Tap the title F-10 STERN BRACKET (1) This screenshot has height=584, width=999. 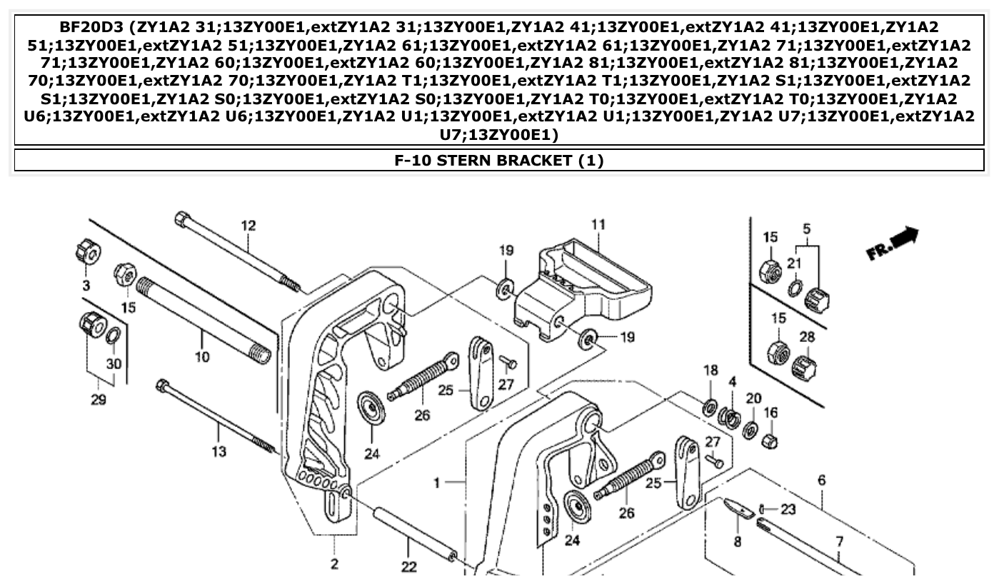click(499, 161)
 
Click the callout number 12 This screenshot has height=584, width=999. click(248, 226)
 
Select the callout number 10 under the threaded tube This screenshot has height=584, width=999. click(202, 356)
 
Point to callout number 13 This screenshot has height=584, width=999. click(219, 451)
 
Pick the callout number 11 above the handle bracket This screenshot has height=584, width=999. click(598, 224)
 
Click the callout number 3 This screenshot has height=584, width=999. click(86, 286)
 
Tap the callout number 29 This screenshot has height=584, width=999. click(99, 399)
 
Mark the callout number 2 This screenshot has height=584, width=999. click(334, 565)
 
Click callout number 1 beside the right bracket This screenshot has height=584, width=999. click(437, 483)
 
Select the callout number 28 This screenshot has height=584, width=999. click(807, 336)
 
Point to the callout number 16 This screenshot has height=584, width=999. click(771, 413)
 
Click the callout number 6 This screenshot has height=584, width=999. click(822, 480)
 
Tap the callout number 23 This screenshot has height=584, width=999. click(788, 510)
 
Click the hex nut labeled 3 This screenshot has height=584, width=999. click(87, 251)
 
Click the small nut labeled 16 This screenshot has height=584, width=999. click(769, 440)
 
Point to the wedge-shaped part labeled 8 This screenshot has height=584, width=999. click(739, 508)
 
